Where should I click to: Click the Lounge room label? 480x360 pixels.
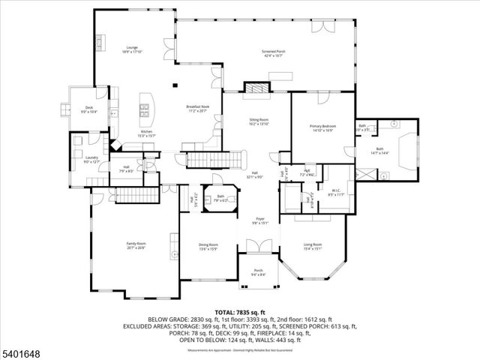click(x=132, y=49)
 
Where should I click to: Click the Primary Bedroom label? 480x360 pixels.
click(x=322, y=127)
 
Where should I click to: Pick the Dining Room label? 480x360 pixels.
click(x=208, y=246)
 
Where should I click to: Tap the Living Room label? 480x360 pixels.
click(x=312, y=246)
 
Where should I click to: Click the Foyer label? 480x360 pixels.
click(x=259, y=220)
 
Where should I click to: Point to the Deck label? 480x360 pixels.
click(x=88, y=109)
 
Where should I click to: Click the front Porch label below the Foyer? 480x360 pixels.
click(x=259, y=272)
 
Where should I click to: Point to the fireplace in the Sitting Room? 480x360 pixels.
click(x=257, y=88)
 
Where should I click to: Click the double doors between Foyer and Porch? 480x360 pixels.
click(x=259, y=247)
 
